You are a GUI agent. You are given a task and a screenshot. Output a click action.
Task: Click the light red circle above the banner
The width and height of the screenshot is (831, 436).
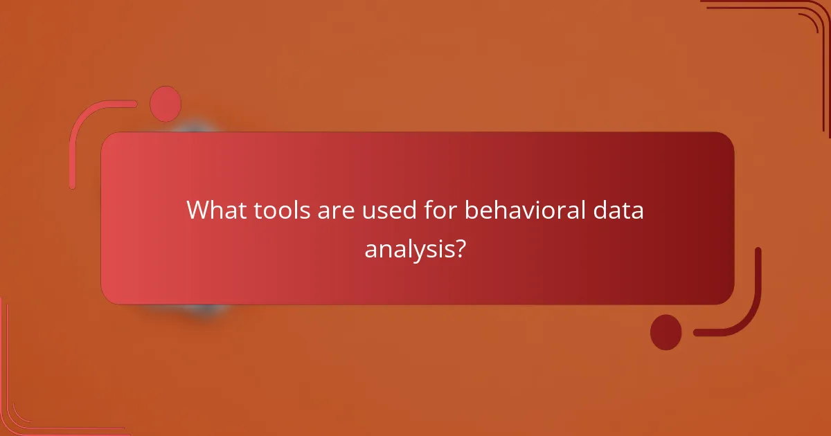(166, 104)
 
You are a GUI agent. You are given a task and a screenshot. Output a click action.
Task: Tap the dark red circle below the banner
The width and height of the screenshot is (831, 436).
(665, 331)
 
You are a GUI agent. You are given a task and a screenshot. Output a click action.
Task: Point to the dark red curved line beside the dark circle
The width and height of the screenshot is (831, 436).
(749, 305)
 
